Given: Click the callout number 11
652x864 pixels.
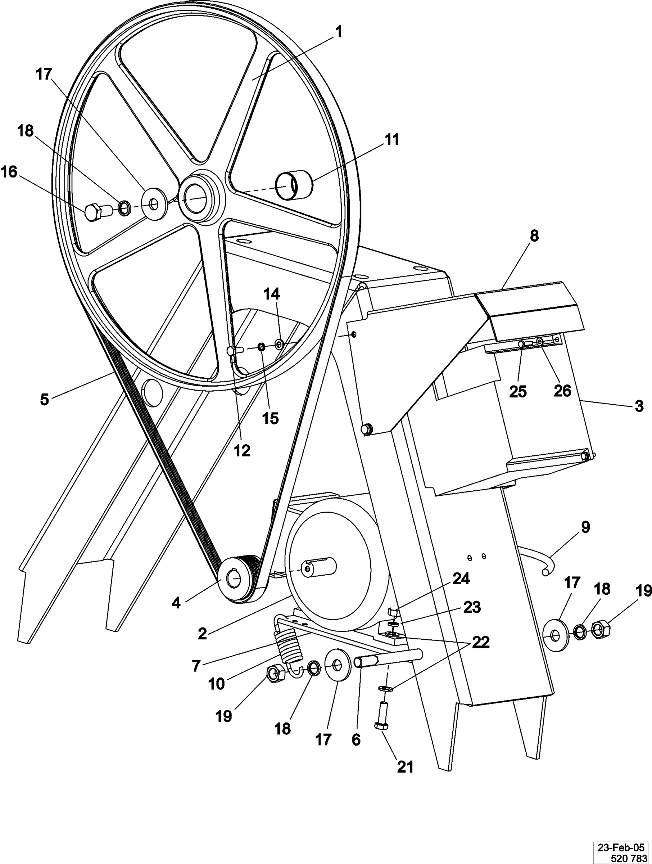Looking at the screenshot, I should (x=391, y=139).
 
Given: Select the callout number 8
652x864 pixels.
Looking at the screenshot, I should (x=534, y=236).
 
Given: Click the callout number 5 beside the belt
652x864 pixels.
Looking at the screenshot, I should (x=44, y=399).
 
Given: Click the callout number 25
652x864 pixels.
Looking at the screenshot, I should (x=518, y=391).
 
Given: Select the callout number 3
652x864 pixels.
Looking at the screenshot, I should (x=639, y=406).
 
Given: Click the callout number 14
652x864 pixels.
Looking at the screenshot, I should (x=272, y=294).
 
